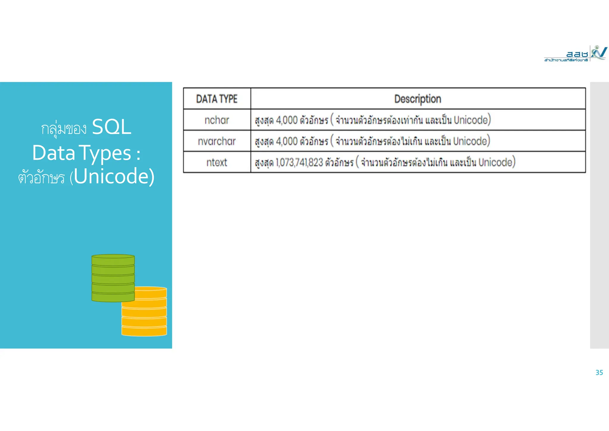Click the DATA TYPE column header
pos(217,99)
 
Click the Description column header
pos(417,99)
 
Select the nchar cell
pos(217,120)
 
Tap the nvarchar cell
pos(217,141)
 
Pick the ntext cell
pos(217,163)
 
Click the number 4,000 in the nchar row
pos(287,120)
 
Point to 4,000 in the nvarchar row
pos(287,141)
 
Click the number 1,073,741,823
pos(299,163)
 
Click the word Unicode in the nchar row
pos(471,120)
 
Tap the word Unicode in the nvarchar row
pos(470,141)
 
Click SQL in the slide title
pos(112,127)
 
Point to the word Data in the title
pos(54,153)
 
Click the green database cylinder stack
pos(113,277)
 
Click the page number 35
pos(599,373)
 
